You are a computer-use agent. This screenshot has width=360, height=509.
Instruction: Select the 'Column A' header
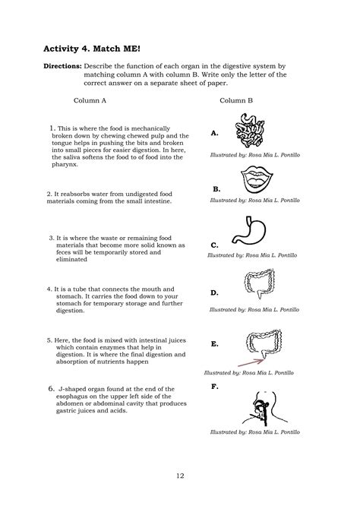(90, 100)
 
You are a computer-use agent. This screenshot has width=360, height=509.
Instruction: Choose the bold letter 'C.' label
(214, 245)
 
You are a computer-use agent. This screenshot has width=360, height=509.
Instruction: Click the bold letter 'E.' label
(215, 344)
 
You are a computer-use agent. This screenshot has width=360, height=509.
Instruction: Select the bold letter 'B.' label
(216, 188)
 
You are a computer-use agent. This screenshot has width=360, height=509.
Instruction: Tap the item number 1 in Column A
(52, 128)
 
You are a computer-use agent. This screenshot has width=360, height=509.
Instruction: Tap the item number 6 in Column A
(50, 387)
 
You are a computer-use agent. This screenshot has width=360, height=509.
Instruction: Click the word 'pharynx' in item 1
(65, 164)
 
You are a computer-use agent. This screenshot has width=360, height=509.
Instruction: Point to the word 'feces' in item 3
(62, 252)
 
